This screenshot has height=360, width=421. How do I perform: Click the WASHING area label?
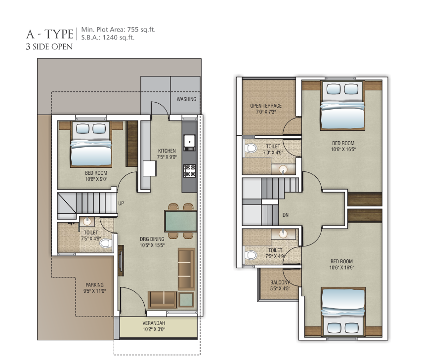pyautogui.click(x=186, y=99)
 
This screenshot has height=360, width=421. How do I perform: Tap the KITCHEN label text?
pyautogui.click(x=167, y=151)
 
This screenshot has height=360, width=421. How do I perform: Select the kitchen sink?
pyautogui.click(x=190, y=143)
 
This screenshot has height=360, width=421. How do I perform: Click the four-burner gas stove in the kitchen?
pyautogui.click(x=190, y=171)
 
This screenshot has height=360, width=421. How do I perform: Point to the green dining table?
pyautogui.click(x=181, y=221)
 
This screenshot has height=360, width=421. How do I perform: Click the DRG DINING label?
pyautogui.click(x=152, y=239)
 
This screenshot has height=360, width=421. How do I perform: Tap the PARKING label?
pyautogui.click(x=94, y=285)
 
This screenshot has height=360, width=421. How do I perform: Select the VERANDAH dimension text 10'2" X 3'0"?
pyautogui.click(x=154, y=329)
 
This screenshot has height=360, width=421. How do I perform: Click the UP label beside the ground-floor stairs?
pyautogui.click(x=121, y=203)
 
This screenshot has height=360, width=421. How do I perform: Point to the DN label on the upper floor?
pyautogui.click(x=286, y=215)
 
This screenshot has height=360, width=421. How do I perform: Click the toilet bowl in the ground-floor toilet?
pyautogui.click(x=105, y=243)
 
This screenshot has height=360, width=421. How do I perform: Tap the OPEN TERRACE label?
pyautogui.click(x=266, y=106)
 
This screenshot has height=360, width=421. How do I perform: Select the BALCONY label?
pyautogui.click(x=280, y=282)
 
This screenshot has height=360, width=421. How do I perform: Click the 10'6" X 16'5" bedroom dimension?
pyautogui.click(x=343, y=150)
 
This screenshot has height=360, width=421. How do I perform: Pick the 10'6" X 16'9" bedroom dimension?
pyautogui.click(x=342, y=268)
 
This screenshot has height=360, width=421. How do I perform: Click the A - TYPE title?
pyautogui.click(x=50, y=34)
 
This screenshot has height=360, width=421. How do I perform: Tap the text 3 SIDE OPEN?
pyautogui.click(x=49, y=47)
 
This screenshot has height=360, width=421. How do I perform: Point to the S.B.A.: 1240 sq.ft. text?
pyautogui.click(x=108, y=38)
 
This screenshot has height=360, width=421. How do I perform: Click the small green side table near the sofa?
pyautogui.click(x=186, y=299)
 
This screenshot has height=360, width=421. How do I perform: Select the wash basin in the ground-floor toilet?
pyautogui.click(x=87, y=221)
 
